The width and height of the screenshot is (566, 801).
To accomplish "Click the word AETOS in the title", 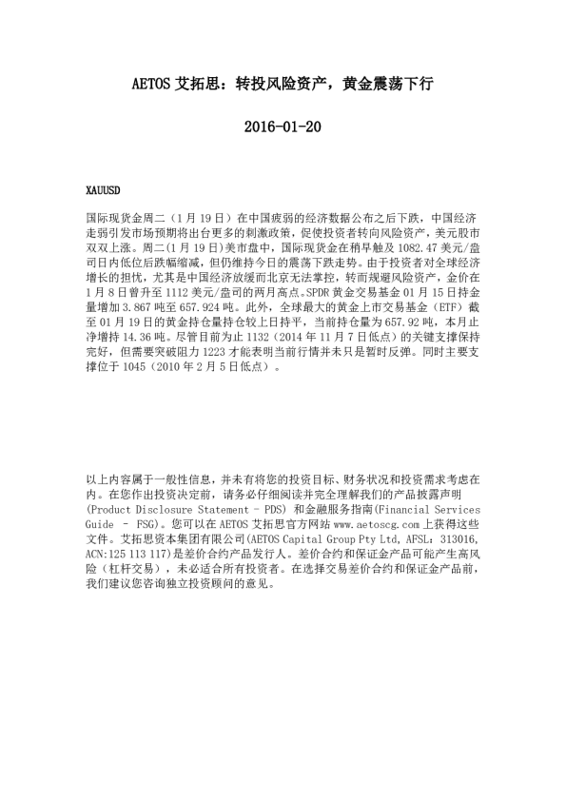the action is tap(149, 85).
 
